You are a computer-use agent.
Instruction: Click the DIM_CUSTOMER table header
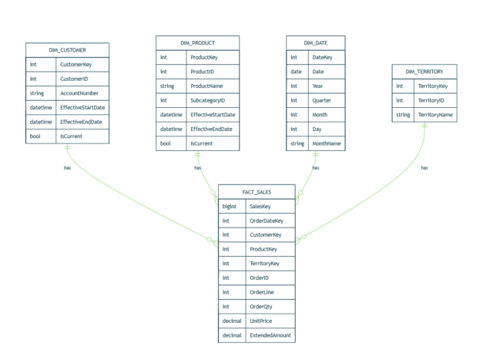click(x=67, y=50)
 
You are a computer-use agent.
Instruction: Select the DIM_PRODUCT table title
click(x=197, y=42)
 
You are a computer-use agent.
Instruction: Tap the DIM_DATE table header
click(x=315, y=42)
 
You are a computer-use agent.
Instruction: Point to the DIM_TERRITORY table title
click(x=424, y=72)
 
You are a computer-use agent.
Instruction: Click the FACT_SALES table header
click(x=256, y=192)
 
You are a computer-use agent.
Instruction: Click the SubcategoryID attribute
click(x=210, y=100)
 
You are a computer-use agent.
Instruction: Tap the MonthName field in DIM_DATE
click(x=327, y=143)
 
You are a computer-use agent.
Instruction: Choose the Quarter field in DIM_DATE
click(x=323, y=100)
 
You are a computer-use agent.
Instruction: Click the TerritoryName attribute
click(x=436, y=115)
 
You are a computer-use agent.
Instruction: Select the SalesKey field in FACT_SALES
click(x=260, y=207)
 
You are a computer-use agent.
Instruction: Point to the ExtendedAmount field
click(x=270, y=336)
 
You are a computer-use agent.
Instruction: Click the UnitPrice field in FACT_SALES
click(x=262, y=321)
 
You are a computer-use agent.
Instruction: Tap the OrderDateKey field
click(x=267, y=221)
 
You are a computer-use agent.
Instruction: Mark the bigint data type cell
click(x=230, y=207)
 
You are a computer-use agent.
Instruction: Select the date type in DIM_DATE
click(x=296, y=72)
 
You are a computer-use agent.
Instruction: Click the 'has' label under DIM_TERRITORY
click(x=424, y=167)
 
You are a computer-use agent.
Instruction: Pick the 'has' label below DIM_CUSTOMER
click(x=67, y=167)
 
